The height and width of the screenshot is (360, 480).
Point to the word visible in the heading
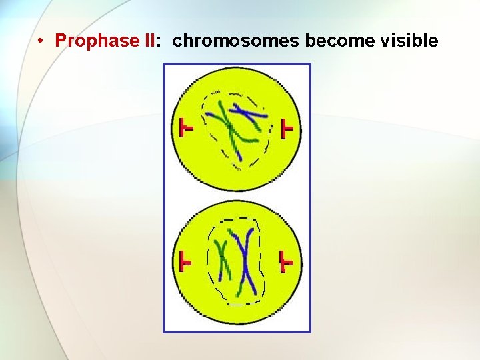point(409,41)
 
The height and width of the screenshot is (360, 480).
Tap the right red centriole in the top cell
point(287,128)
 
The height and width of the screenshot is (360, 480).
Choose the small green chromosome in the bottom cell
point(224,260)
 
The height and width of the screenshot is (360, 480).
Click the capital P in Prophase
point(61,41)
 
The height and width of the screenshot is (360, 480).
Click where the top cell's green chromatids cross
point(229,125)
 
